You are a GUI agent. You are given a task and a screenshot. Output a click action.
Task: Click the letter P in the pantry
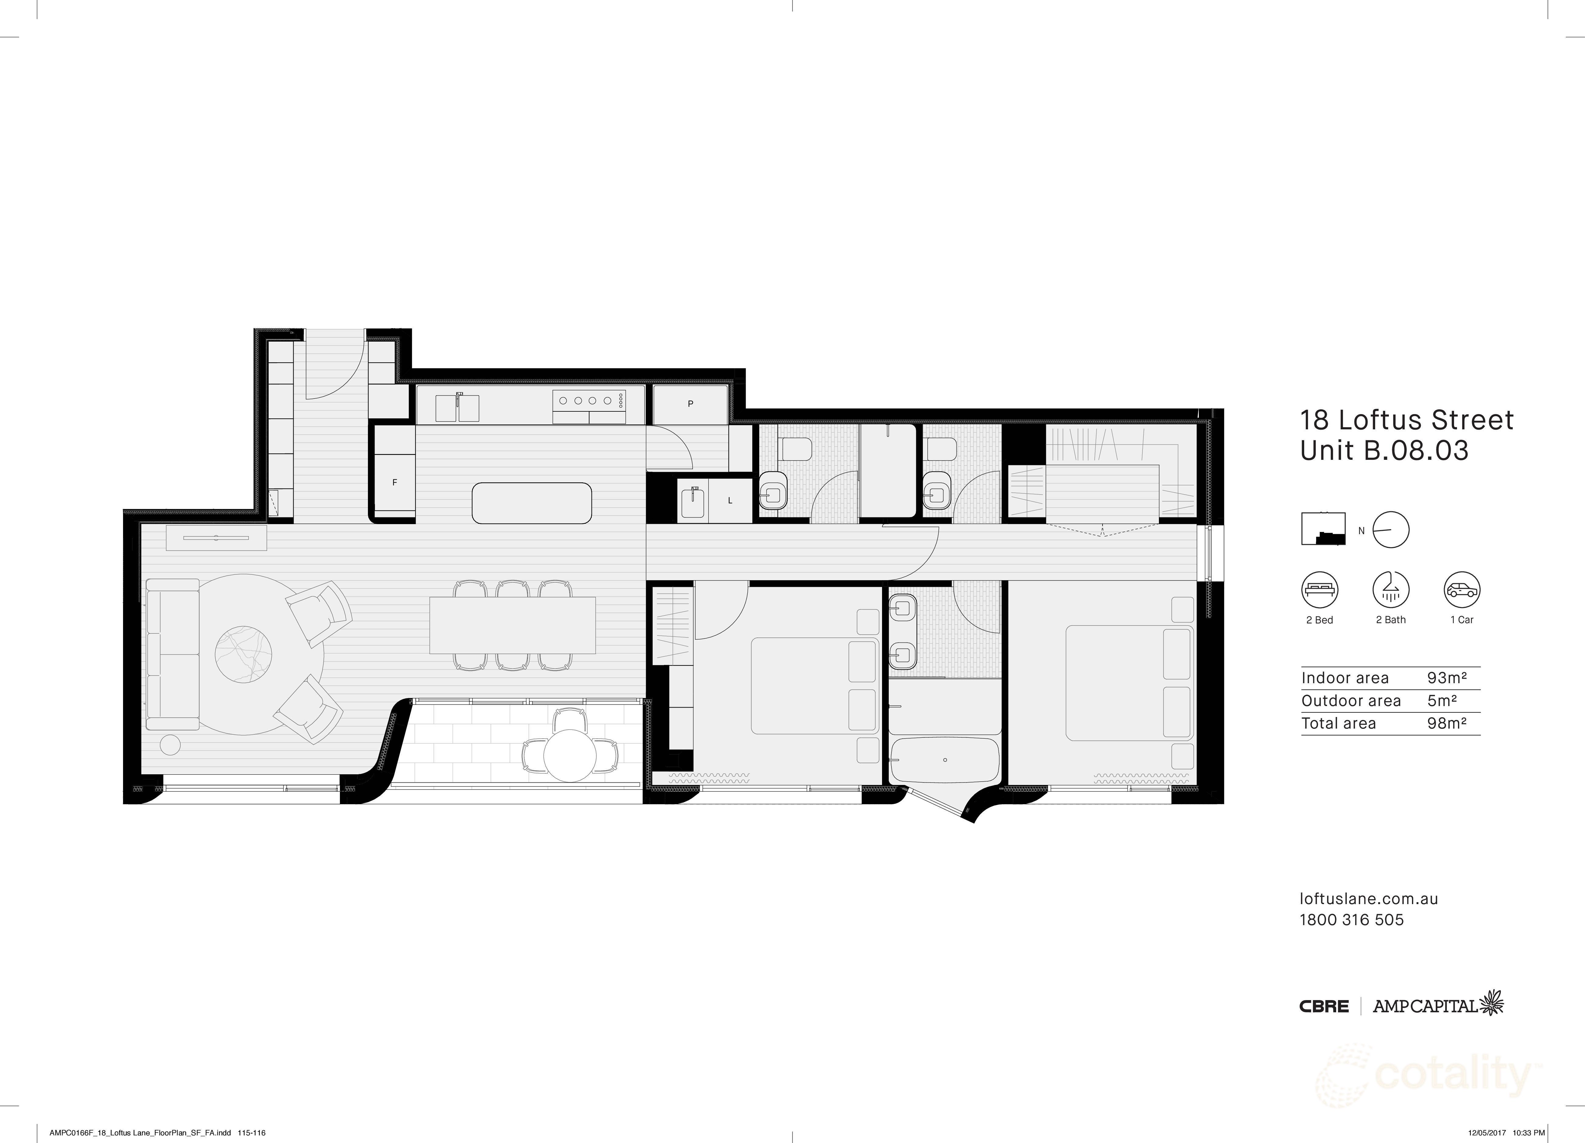tap(690, 404)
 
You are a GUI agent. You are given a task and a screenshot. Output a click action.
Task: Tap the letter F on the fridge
tap(395, 482)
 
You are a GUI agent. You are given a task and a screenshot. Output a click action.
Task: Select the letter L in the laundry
tap(730, 501)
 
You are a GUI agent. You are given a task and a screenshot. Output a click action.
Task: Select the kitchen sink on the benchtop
tap(458, 408)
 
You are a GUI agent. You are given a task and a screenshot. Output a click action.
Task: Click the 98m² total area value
tap(1446, 723)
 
